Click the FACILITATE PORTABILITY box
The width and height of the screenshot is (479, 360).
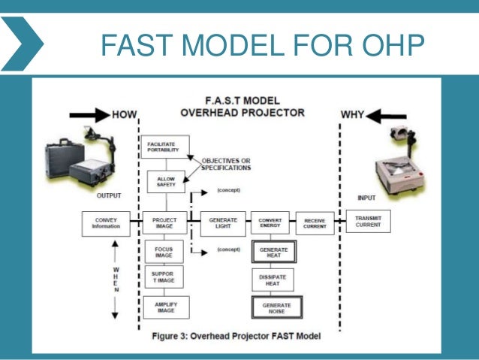click(164, 147)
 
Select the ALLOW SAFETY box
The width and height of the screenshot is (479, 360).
click(164, 182)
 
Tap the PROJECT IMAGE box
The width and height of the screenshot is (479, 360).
click(164, 223)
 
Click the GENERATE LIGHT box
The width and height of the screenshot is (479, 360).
click(222, 223)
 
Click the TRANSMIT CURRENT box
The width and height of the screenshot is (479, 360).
click(368, 222)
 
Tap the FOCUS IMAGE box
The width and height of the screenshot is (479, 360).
click(164, 252)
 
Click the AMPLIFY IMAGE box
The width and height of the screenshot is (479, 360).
click(166, 307)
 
